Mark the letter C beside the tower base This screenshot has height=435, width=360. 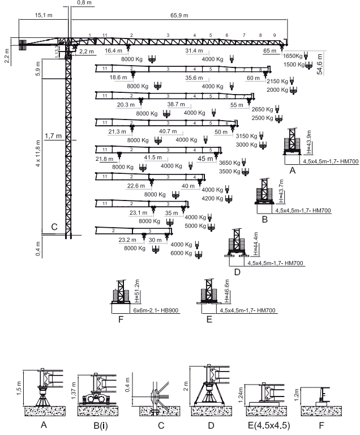54,227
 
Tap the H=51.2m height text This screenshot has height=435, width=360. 136,293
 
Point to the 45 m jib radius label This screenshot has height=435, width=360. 205,159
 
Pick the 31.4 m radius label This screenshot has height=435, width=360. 194,50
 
